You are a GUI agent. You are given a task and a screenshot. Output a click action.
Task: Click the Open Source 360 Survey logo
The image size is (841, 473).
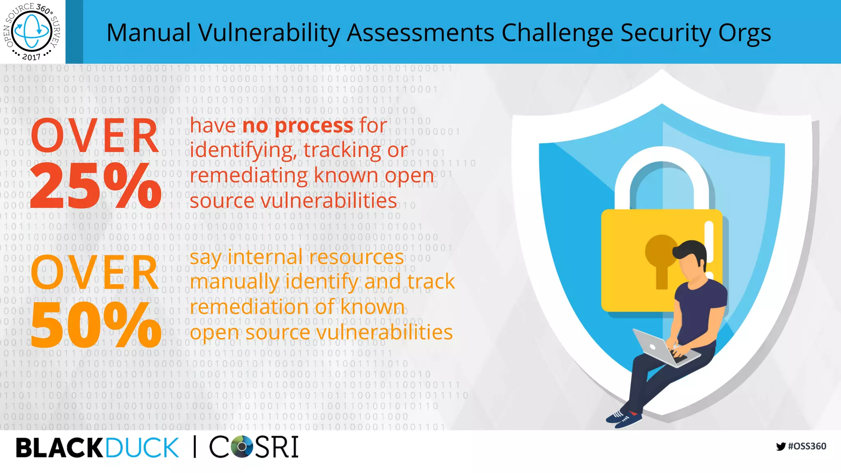point(32,31)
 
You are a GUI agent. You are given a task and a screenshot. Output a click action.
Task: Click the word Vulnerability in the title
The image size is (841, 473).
point(269,33)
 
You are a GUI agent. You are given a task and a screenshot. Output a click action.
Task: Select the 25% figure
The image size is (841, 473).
point(95,186)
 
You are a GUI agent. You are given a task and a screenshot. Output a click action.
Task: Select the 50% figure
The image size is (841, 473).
point(95,324)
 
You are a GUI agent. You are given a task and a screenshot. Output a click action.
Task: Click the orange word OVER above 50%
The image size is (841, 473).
point(94,273)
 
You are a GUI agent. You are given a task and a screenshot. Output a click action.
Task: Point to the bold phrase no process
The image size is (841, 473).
point(297,126)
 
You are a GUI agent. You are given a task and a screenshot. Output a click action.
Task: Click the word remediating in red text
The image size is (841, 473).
point(248,176)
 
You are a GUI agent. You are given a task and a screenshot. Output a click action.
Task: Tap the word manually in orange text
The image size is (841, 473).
point(234,282)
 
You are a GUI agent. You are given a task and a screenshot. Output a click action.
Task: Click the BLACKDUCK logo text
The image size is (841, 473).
point(97,448)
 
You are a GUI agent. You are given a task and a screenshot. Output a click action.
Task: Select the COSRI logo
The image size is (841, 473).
point(254,447)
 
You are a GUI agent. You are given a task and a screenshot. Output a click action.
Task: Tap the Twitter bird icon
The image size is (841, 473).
point(781,446)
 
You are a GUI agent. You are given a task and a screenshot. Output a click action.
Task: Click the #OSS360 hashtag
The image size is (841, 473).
point(807,446)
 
